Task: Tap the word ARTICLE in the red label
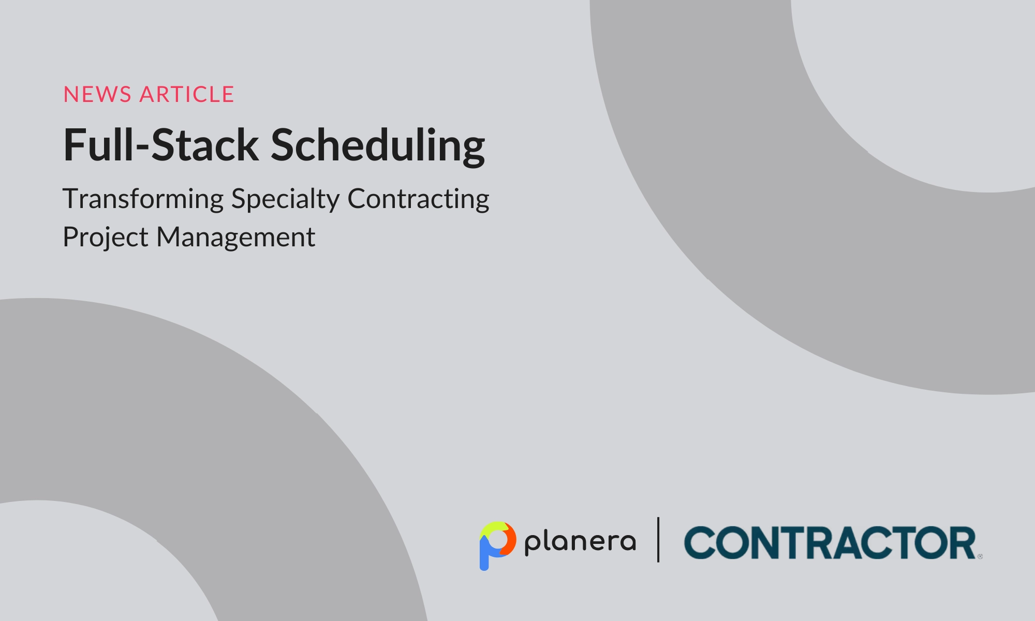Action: click(x=187, y=95)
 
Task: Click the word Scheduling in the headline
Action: click(x=378, y=145)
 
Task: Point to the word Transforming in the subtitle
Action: click(x=143, y=199)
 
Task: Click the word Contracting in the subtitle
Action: click(x=418, y=199)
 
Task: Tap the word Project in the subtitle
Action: click(x=106, y=238)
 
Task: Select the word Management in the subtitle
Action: click(x=235, y=238)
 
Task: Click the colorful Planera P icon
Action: click(x=497, y=544)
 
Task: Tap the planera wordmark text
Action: click(x=580, y=542)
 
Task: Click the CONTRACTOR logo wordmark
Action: click(x=830, y=543)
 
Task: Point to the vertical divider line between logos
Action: click(x=658, y=540)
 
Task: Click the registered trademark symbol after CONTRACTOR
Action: click(x=980, y=557)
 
